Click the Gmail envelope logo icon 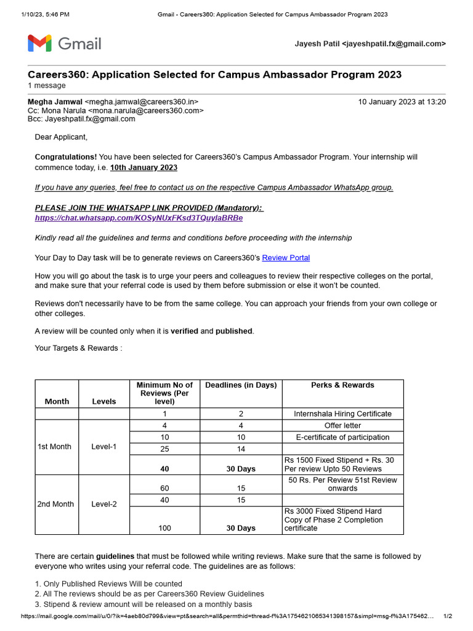tap(39, 44)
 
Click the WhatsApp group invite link tap(139, 218)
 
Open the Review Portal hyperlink tap(286, 258)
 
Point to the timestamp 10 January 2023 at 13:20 tap(402, 102)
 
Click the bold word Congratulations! tap(66, 157)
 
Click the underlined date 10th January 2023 tap(144, 168)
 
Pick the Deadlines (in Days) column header tap(241, 385)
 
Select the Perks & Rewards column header tap(342, 385)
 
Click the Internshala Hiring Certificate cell tap(342, 413)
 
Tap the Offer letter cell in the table tap(342, 425)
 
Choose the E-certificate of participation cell tap(342, 437)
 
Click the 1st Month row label tap(54, 447)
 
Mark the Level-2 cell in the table tap(103, 504)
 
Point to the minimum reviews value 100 tap(164, 528)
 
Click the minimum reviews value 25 tap(164, 449)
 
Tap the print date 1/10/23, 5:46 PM tap(46, 14)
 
